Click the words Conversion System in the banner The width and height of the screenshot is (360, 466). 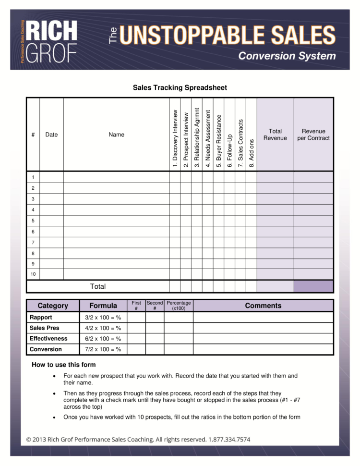pos(287,56)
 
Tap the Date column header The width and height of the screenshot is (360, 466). pos(51,135)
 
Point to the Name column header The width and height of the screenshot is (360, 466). pos(116,135)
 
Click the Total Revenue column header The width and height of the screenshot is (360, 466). pos(275,135)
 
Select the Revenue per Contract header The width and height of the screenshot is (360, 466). pos(313,135)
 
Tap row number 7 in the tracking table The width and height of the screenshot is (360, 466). pos(33,243)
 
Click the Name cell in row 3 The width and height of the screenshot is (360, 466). pos(116,199)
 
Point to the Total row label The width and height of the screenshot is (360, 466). pos(98,286)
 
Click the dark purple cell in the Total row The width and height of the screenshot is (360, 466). pos(313,286)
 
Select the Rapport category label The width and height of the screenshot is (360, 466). pos(41,318)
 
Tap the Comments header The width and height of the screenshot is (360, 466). pos(263,306)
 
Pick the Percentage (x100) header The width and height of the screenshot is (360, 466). pos(179,306)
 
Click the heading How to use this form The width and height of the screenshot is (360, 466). pos(64,365)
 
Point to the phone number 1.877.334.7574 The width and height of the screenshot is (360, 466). pos(229,439)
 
